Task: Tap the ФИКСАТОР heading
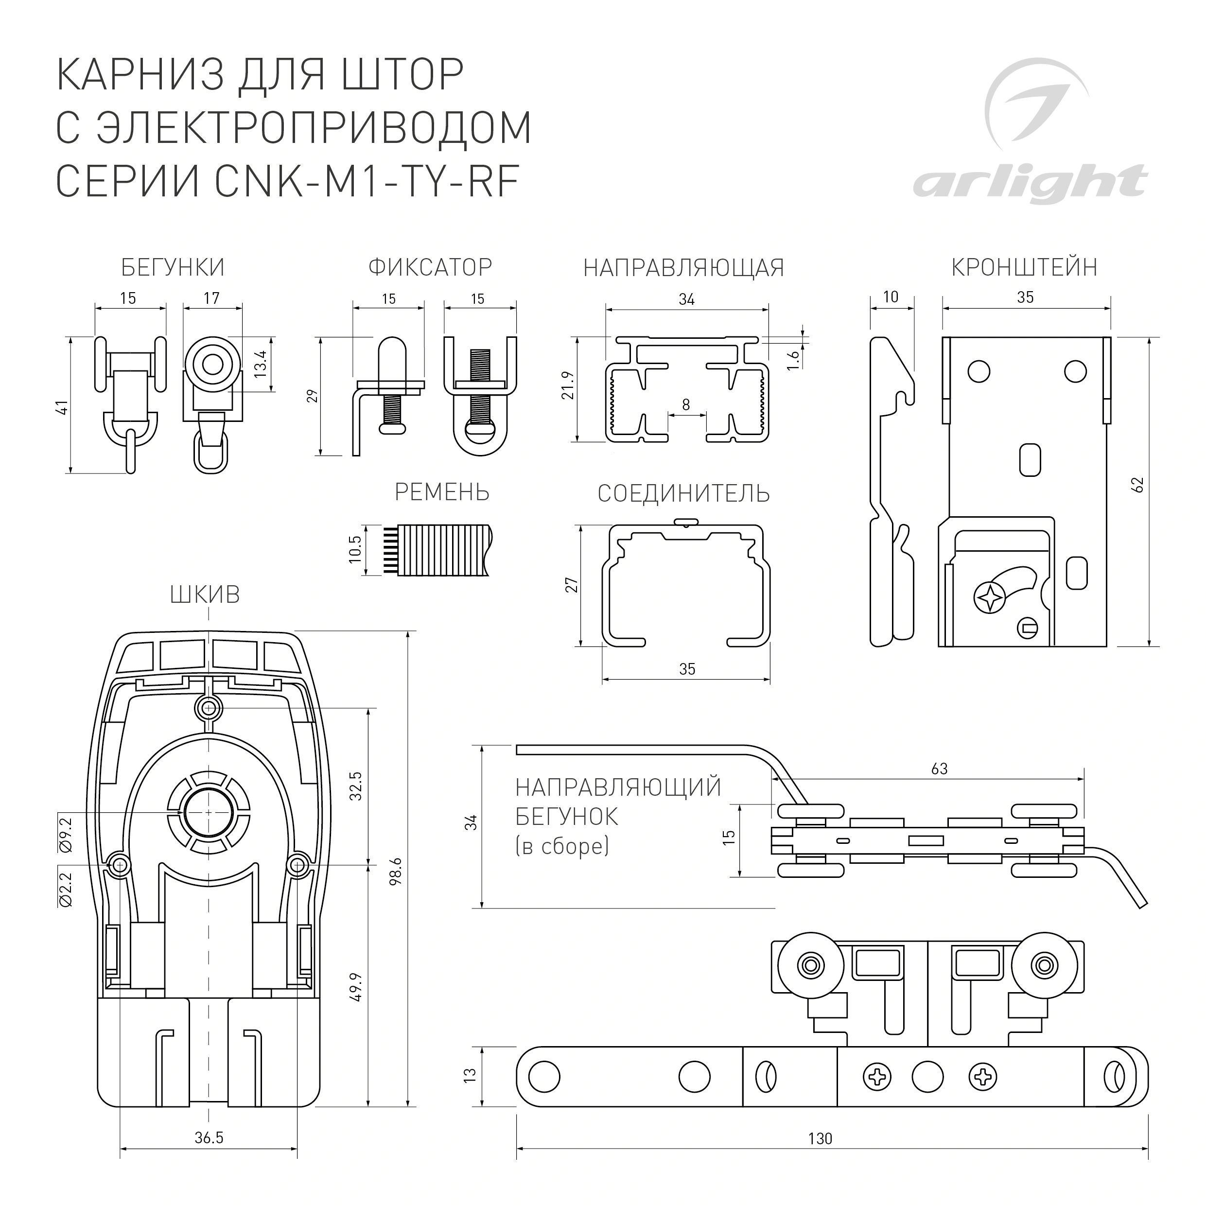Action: click(430, 268)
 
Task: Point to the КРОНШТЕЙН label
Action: click(1024, 267)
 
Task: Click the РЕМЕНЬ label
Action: click(442, 492)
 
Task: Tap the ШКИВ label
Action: click(205, 595)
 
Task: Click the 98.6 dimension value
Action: click(395, 871)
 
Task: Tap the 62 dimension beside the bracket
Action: click(1138, 485)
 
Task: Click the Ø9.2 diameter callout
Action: click(66, 835)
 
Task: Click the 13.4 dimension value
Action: click(261, 364)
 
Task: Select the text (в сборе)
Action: click(562, 846)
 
